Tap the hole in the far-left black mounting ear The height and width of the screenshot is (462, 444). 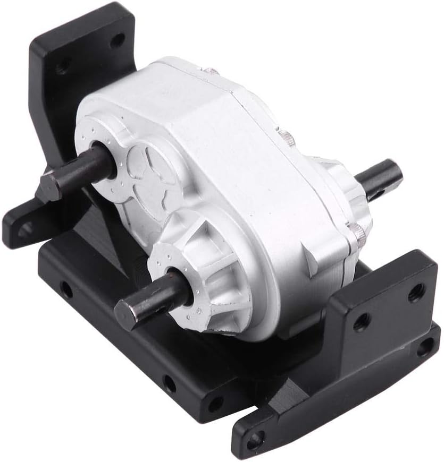pyautogui.click(x=24, y=228)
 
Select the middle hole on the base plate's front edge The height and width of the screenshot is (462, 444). pyautogui.click(x=169, y=382)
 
